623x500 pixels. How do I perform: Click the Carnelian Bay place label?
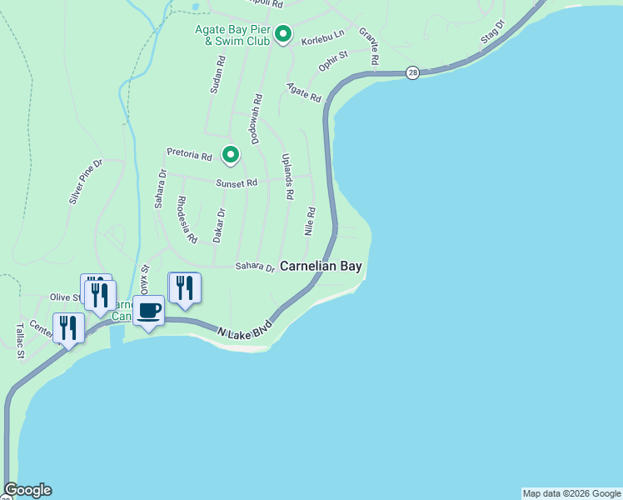321,267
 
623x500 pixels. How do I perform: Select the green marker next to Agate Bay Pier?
283,34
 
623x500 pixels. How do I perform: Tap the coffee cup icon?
149,311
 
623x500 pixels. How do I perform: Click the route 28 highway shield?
412,73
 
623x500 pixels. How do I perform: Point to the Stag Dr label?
493,34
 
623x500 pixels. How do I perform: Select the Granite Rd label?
369,46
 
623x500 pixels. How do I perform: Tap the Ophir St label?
332,61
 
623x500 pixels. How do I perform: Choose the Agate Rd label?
304,92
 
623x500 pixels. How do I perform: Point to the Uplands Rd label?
288,177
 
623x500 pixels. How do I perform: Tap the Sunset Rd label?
237,182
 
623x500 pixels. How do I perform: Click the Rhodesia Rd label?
187,219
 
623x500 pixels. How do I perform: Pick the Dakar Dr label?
219,225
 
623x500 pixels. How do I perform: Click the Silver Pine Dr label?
85,182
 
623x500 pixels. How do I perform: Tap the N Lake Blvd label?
246,327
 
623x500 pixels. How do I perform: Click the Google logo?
27,490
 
